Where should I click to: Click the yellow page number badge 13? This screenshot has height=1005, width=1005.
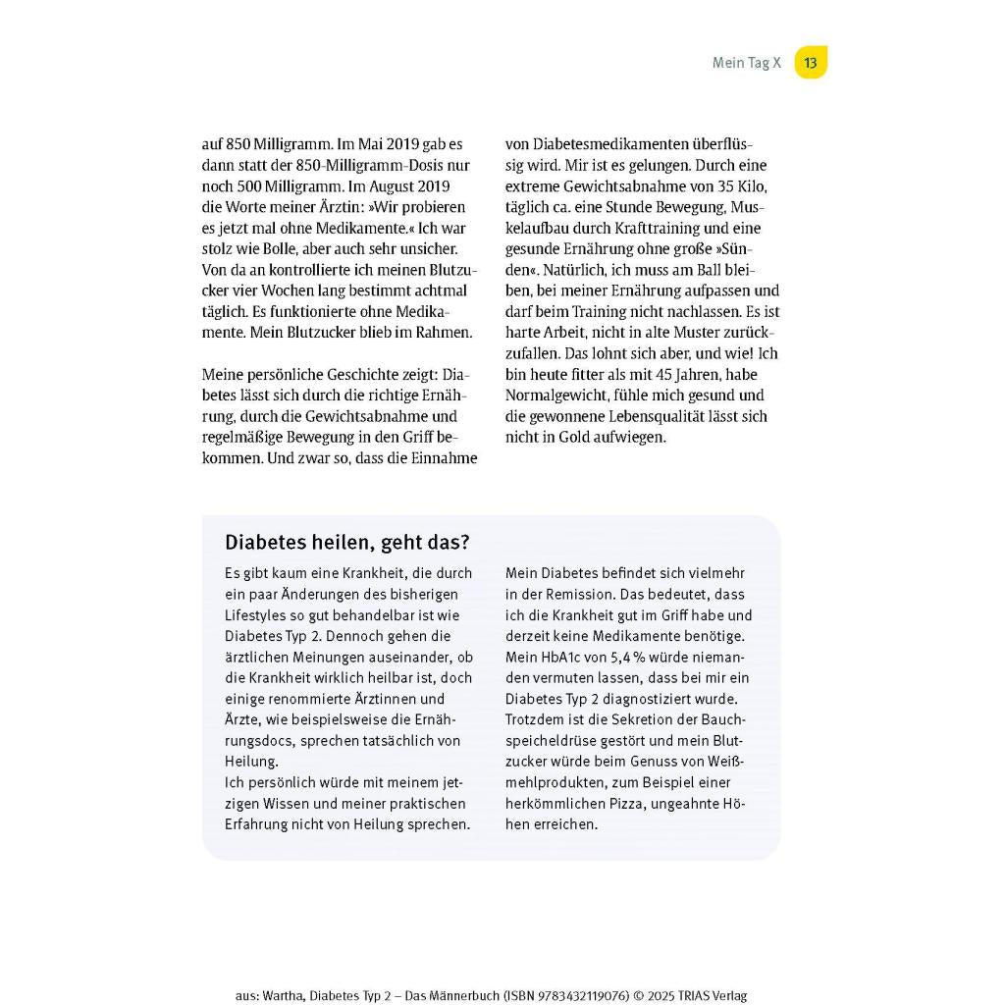pyautogui.click(x=810, y=63)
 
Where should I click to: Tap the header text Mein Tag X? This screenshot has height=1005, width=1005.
pyautogui.click(x=746, y=63)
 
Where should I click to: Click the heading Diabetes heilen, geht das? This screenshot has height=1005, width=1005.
pyautogui.click(x=347, y=543)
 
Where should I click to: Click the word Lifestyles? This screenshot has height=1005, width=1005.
pyautogui.click(x=258, y=614)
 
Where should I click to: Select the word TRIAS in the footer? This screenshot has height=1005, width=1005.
pyautogui.click(x=692, y=995)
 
